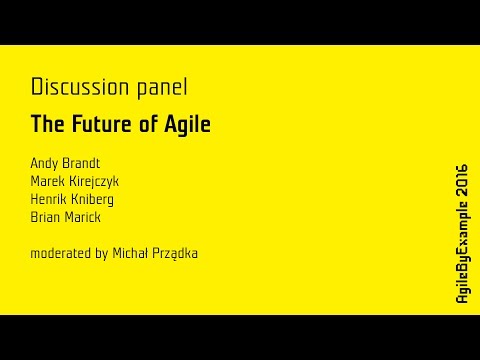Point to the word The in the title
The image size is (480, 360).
tap(47, 126)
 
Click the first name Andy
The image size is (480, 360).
tap(44, 162)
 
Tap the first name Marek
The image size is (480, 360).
tap(47, 180)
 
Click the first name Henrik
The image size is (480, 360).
tap(49, 198)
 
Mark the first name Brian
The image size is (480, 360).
tap(45, 216)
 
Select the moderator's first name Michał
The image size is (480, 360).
tap(128, 253)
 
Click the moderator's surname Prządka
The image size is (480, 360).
tap(175, 253)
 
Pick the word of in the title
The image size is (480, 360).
tap(148, 126)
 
